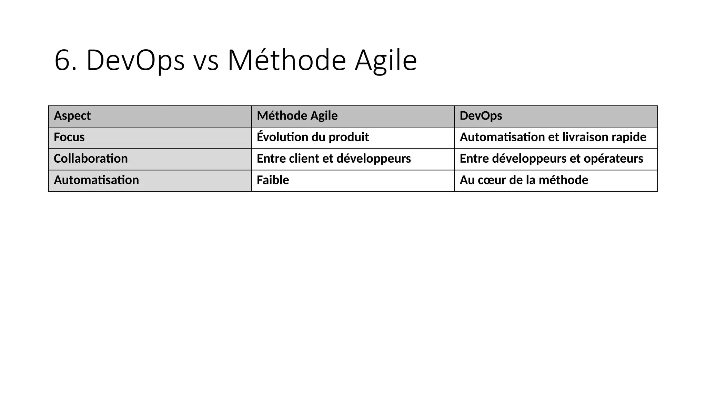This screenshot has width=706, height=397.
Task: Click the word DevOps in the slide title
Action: pyautogui.click(x=135, y=61)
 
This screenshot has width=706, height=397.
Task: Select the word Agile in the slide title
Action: pyautogui.click(x=386, y=61)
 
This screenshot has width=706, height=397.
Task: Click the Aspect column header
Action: pyautogui.click(x=72, y=116)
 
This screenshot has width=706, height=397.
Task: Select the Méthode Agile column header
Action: pyautogui.click(x=297, y=116)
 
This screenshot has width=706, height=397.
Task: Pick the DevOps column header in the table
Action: pyautogui.click(x=481, y=116)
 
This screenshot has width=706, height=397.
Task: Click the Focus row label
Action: pyautogui.click(x=69, y=137)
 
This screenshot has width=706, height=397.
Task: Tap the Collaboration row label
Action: pyautogui.click(x=91, y=159)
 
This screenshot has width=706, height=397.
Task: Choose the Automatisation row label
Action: pyautogui.click(x=96, y=180)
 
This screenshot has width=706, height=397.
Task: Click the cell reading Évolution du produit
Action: pyautogui.click(x=313, y=137)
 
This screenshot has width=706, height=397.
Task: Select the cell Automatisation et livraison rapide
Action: pyautogui.click(x=553, y=137)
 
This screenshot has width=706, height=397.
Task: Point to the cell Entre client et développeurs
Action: pyautogui.click(x=334, y=159)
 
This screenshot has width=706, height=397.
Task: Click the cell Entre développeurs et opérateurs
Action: pyautogui.click(x=551, y=159)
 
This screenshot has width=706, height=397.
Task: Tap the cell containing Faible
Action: pyautogui.click(x=273, y=180)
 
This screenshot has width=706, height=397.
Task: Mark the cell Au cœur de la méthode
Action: pyautogui.click(x=524, y=180)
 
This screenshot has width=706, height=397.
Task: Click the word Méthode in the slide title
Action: pyautogui.click(x=286, y=61)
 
